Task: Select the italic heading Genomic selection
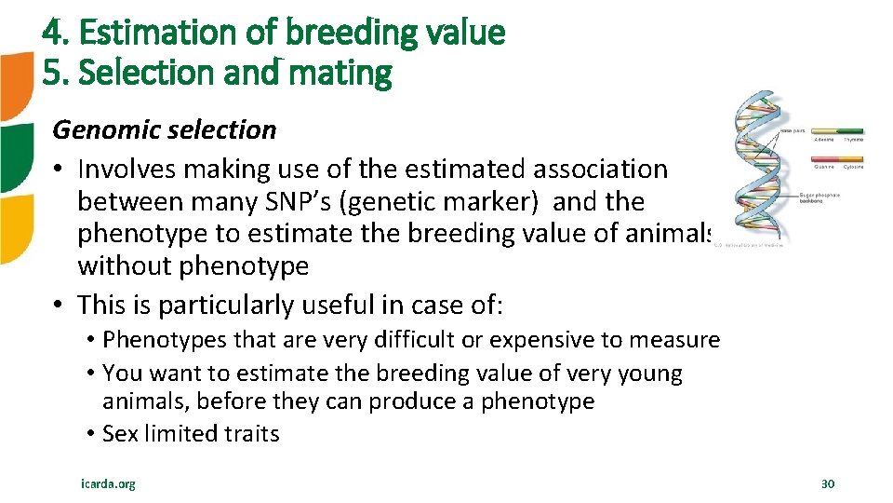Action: [165, 129]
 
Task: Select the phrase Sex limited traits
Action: [191, 433]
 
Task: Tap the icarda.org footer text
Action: [108, 483]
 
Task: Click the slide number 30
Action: [828, 483]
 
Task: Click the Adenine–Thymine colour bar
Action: [838, 131]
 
